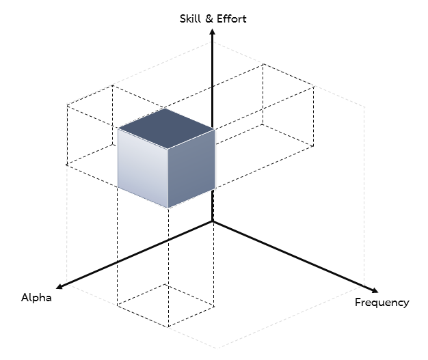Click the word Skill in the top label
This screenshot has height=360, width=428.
point(190,19)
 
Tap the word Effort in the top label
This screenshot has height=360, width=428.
point(232,19)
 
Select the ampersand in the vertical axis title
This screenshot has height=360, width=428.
point(209,19)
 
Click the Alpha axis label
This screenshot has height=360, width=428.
point(36,298)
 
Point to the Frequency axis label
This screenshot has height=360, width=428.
point(382,303)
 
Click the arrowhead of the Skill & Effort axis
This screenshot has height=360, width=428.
point(213,31)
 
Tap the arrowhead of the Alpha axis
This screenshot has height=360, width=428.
point(59,286)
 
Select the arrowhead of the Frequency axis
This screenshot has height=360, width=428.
point(375,290)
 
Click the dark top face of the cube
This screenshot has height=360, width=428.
point(166,128)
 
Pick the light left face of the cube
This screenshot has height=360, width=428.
point(143,167)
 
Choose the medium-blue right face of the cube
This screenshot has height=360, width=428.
point(191,168)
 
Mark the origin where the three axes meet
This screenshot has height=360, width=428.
point(213,222)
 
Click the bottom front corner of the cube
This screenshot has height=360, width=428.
point(168,208)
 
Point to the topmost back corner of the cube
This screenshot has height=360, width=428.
point(165,109)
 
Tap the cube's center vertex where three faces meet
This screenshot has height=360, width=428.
point(168,149)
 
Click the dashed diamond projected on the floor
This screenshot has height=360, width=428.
point(165,305)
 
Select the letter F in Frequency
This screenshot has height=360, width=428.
point(358,302)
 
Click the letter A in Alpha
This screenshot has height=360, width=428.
point(25,297)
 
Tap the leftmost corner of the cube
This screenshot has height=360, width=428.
point(118,128)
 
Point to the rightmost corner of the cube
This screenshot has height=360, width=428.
point(215,129)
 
